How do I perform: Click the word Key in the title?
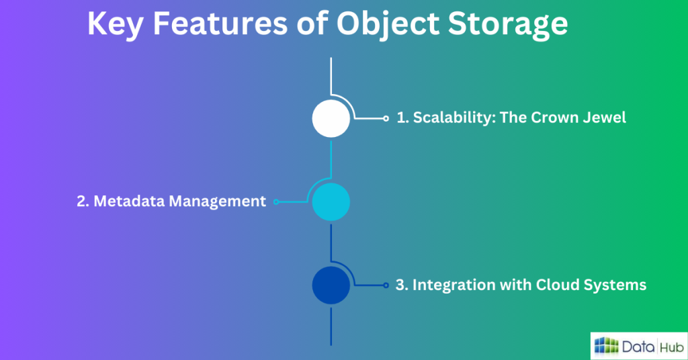click(115, 24)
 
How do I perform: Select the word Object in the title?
click(388, 25)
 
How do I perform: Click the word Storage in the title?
click(508, 25)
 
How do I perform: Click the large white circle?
click(331, 118)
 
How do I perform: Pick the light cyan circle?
click(331, 201)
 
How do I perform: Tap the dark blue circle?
click(331, 285)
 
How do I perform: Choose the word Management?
click(218, 201)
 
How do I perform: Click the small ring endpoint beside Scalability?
click(386, 118)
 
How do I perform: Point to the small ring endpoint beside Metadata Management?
click(276, 201)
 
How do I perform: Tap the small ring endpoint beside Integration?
click(386, 285)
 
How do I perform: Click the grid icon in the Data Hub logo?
click(606, 346)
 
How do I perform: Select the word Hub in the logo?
click(672, 348)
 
